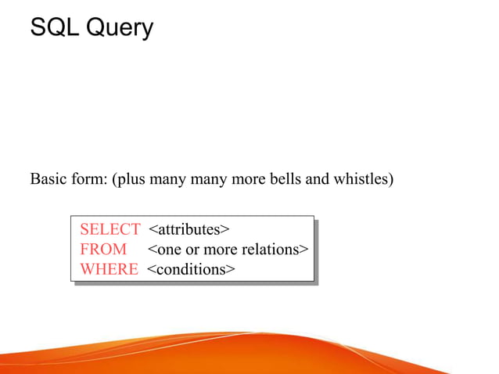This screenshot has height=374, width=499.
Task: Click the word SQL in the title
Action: [53, 28]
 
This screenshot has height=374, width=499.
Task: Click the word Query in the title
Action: [119, 30]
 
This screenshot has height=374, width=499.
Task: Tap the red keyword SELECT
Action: [110, 229]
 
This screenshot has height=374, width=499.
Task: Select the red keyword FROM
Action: [103, 250]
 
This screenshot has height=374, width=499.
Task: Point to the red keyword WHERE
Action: [109, 270]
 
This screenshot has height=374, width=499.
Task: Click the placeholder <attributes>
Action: [188, 229]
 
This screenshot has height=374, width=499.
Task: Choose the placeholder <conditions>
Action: [191, 270]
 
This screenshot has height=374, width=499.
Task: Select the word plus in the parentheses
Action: [129, 180]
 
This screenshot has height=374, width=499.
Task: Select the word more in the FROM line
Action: [220, 250]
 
